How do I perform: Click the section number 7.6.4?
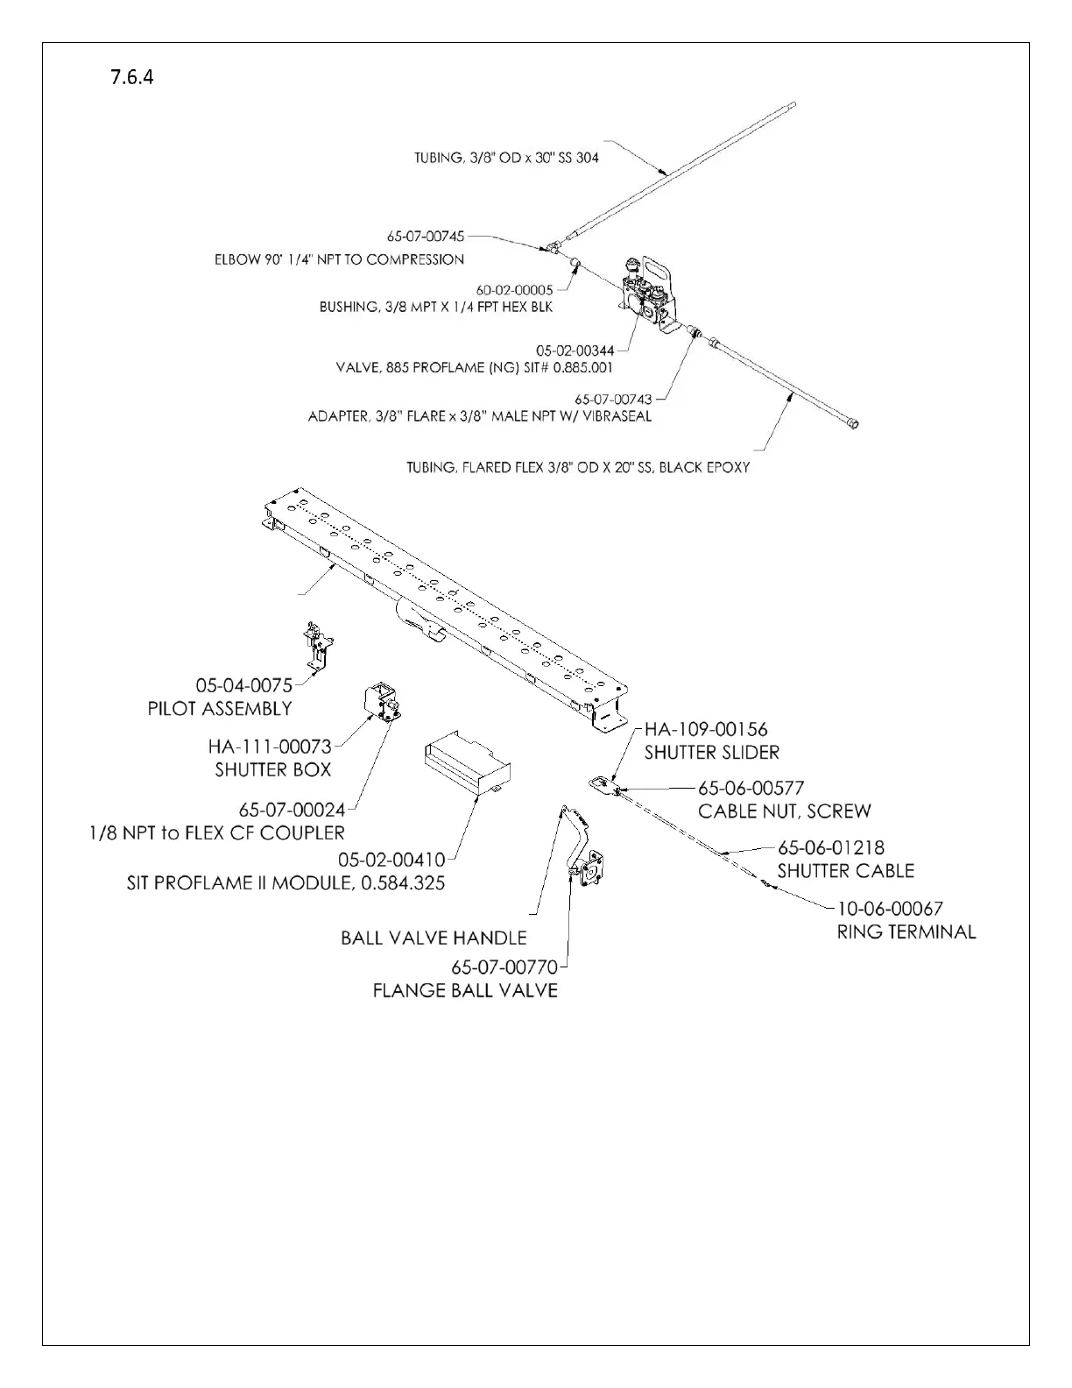(x=132, y=77)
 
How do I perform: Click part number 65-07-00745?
(x=426, y=237)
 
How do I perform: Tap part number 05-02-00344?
(x=575, y=351)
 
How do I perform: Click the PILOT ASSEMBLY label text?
(x=220, y=708)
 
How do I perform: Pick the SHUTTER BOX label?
(x=273, y=769)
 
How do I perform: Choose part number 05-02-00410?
(x=391, y=860)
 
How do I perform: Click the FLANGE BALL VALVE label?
(x=465, y=991)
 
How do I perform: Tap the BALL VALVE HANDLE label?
(x=434, y=938)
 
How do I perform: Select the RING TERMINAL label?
(x=906, y=931)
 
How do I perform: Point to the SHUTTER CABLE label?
(x=845, y=871)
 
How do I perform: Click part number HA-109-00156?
(x=706, y=729)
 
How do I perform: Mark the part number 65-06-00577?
(x=751, y=788)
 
